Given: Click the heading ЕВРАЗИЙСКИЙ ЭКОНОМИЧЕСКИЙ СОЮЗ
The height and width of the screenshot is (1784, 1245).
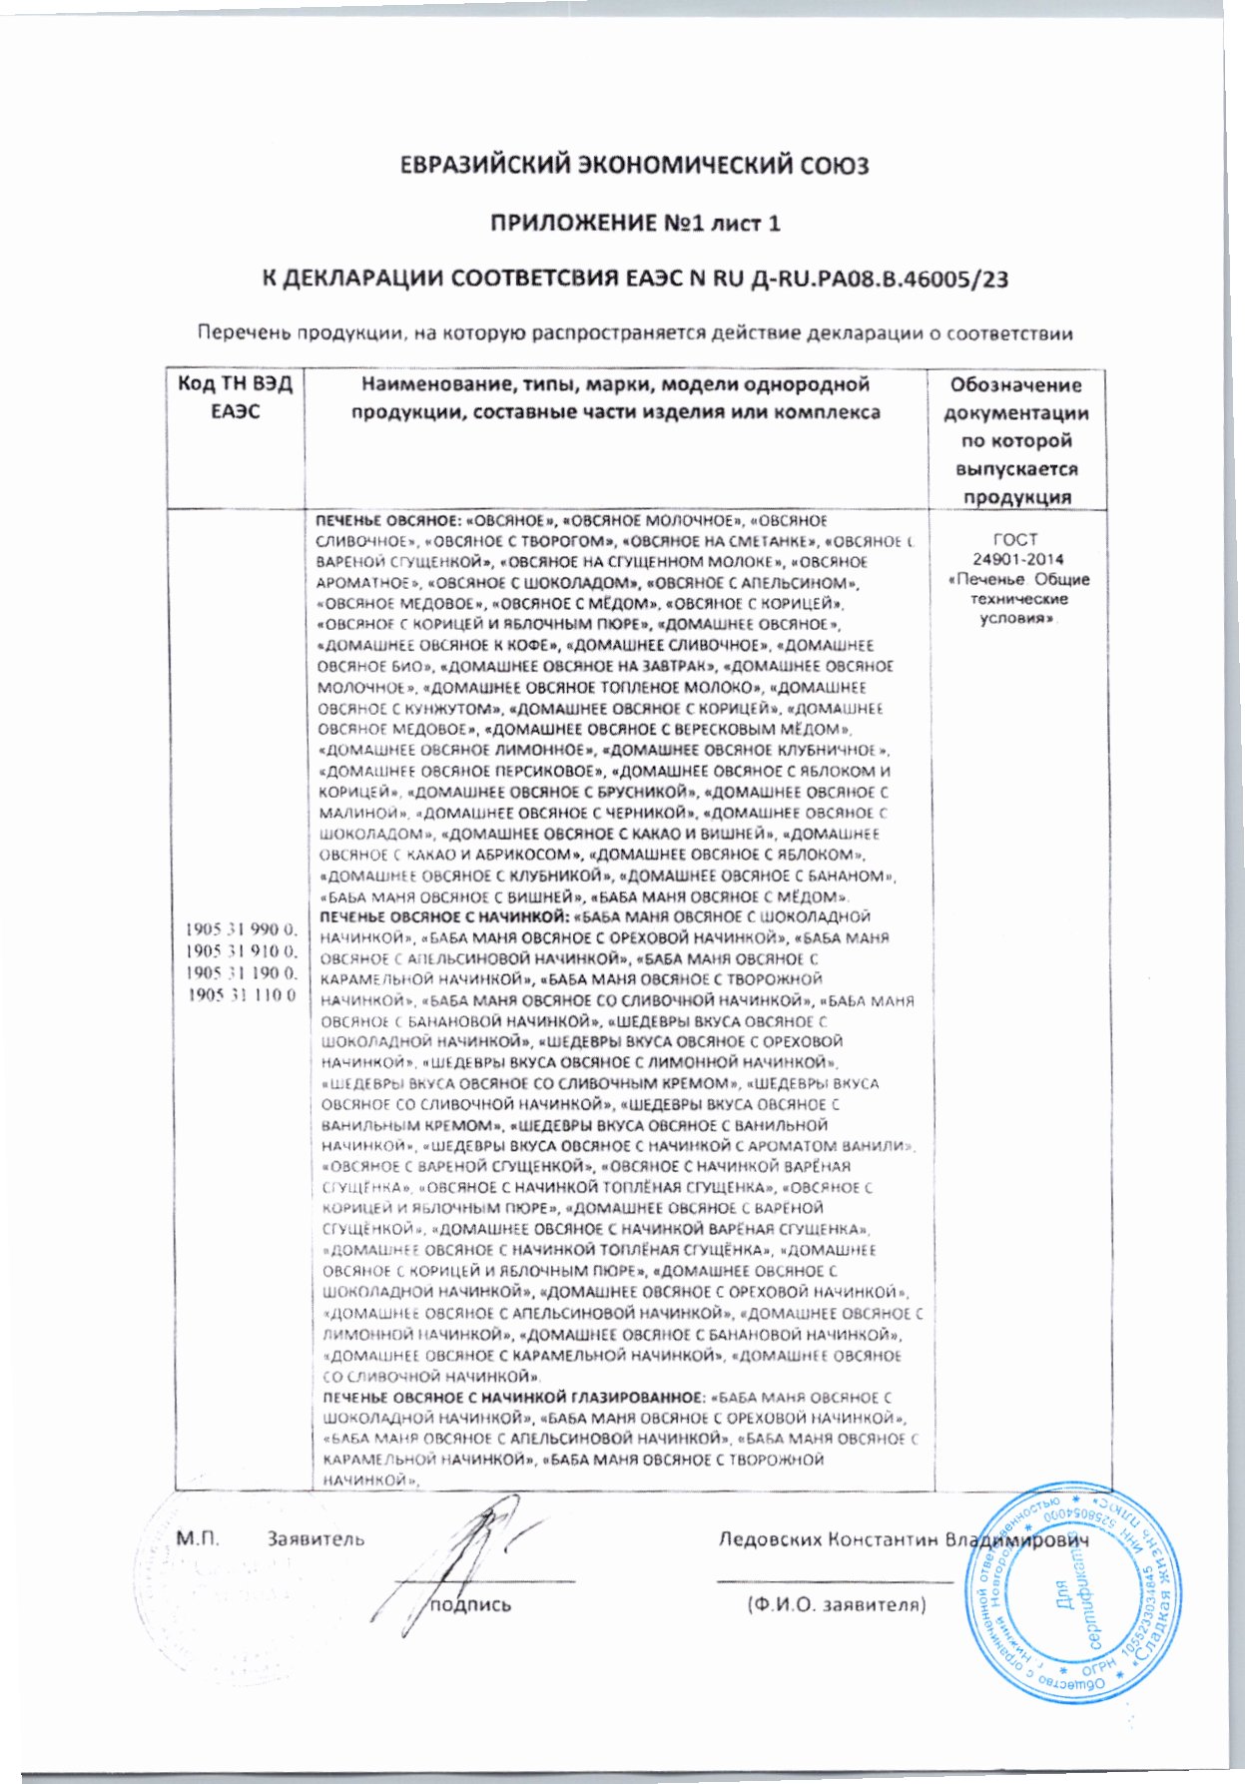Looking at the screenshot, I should tap(634, 164).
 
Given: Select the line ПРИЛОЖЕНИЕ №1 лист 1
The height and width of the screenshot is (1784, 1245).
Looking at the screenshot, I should tap(634, 223).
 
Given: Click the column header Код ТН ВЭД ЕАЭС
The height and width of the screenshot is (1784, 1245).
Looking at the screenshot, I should tap(236, 397).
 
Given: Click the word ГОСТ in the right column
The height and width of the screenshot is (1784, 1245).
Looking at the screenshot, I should tap(1017, 540).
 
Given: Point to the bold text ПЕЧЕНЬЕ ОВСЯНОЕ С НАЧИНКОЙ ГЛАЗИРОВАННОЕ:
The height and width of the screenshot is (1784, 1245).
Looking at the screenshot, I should tap(510, 1397).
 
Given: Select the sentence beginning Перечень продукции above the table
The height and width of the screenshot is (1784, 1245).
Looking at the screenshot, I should tap(634, 333).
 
